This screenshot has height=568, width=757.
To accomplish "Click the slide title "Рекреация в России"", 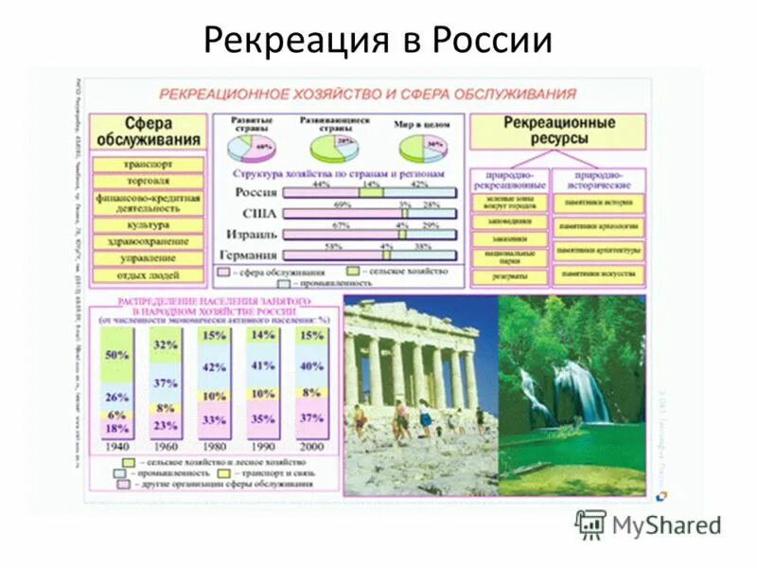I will [378, 39].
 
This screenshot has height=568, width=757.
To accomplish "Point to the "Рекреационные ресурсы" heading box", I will [558, 131].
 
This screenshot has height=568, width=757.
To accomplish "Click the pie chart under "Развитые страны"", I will [252, 149].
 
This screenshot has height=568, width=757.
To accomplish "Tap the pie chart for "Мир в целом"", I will [423, 149].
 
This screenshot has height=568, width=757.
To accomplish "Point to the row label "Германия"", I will [248, 256].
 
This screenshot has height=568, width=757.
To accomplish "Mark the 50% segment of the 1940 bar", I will [118, 356].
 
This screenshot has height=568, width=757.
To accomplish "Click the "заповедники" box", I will [510, 221].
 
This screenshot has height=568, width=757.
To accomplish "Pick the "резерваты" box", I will [510, 276].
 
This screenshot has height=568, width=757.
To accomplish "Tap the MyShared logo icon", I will [590, 524].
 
